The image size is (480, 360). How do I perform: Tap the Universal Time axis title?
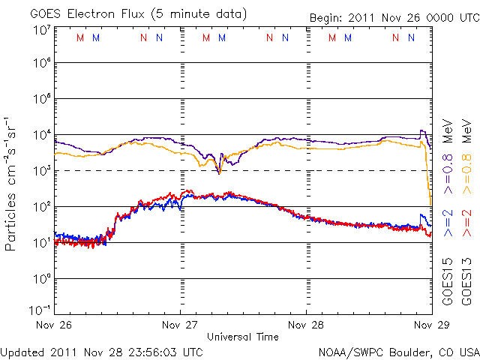point(243,337)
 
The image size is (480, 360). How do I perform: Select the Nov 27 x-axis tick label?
point(181,325)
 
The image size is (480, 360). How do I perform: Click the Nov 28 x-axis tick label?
point(306,325)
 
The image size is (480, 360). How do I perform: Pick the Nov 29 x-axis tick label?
point(431,325)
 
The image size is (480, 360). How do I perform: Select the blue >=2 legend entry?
point(447,223)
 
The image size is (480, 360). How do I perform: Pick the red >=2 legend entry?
point(466,223)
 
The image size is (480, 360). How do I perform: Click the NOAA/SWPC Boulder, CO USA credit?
point(398,351)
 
